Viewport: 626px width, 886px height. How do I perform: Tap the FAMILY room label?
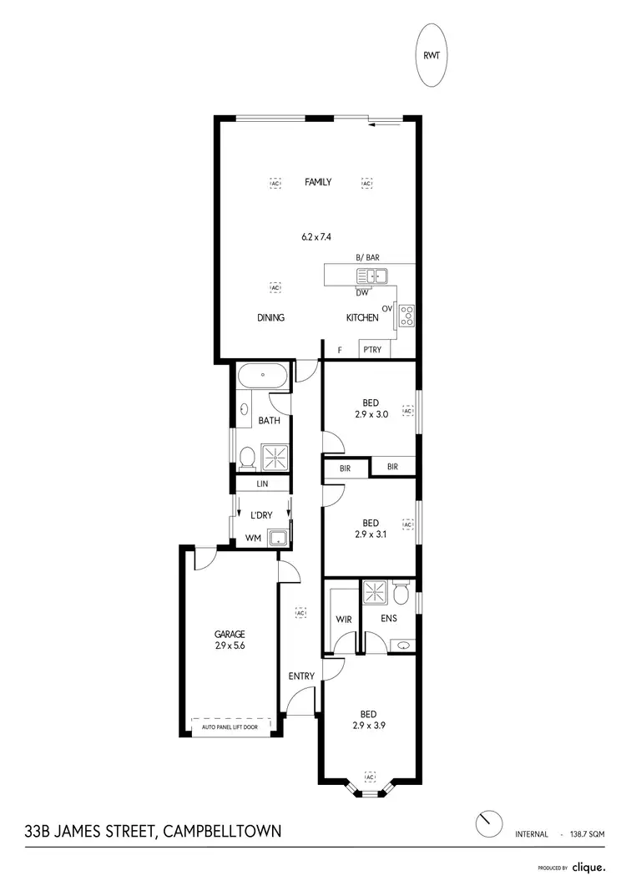[x=318, y=182]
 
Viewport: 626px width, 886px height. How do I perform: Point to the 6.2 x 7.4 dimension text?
[x=316, y=237]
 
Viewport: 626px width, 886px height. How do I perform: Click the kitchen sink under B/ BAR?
[x=369, y=276]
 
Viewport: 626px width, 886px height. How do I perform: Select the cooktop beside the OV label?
[x=406, y=315]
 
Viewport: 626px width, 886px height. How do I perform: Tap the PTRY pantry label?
[x=372, y=350]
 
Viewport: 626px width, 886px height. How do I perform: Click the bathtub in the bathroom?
[x=263, y=376]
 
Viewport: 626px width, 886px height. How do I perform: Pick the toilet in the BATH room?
[x=247, y=457]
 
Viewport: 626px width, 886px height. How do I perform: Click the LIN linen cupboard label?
[x=262, y=484]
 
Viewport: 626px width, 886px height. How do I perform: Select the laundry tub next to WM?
[x=277, y=539]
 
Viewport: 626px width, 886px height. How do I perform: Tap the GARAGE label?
[x=230, y=634]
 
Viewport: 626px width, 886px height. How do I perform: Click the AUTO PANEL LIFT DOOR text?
[x=230, y=727]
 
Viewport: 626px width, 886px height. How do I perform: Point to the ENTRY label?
[x=301, y=676]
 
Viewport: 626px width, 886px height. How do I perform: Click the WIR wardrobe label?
[x=343, y=620]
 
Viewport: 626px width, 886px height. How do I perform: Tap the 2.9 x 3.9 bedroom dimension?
[x=368, y=726]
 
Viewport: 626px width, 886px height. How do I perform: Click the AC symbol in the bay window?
[x=369, y=775]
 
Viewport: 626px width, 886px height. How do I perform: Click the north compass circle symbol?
[x=487, y=823]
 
